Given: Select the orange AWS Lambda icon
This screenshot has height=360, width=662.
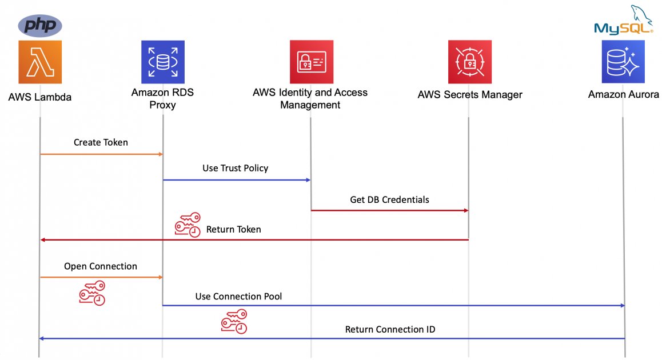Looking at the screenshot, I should coord(40,62).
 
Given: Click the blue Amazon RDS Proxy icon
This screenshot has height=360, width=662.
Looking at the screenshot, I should coord(162,62).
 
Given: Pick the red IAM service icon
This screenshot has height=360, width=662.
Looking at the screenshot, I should coord(310,62).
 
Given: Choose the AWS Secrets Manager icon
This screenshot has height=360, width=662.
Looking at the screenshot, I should coord(469,62).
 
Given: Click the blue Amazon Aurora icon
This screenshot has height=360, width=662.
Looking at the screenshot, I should coord(623,62).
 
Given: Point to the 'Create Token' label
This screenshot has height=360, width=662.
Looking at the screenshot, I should coord(101,142).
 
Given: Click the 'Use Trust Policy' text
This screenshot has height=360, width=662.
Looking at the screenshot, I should coord(235,169).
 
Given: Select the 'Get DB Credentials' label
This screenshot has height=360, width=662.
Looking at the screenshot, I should coord(389,200).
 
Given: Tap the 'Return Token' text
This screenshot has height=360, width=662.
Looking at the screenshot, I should coord(233,229).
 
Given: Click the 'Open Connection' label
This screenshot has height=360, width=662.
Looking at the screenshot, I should coord(101,266).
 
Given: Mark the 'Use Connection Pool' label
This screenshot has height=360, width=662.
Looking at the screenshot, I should coord(238,297).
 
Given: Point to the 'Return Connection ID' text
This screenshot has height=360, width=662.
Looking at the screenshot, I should coord(390,330).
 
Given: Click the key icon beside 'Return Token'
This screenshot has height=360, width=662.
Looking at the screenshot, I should coord(188,226).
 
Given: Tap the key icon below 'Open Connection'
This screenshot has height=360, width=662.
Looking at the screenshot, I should coord(92,292).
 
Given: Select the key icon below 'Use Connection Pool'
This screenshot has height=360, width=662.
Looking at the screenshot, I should coord(234,321).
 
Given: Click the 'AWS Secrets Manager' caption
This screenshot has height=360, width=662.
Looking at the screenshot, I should coord(469,95).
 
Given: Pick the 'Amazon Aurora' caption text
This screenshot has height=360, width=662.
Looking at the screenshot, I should coord(623,95).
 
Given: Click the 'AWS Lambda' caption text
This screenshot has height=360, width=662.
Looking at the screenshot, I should coord(40,97).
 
